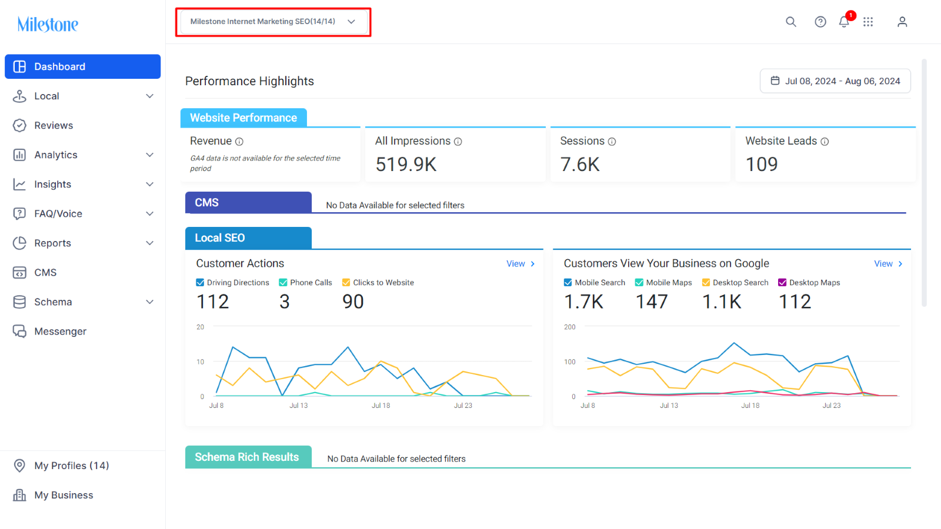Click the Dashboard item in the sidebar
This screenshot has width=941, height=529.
[x=82, y=66]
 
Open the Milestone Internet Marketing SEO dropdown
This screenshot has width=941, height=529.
[x=273, y=21]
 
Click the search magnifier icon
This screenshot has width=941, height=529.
[x=791, y=22]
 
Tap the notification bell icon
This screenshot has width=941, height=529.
[x=845, y=22]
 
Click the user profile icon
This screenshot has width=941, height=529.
[x=902, y=22]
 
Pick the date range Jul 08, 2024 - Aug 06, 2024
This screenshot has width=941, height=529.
[x=835, y=81]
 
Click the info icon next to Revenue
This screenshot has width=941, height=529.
[x=239, y=142]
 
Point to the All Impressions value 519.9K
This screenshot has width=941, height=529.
[x=406, y=164]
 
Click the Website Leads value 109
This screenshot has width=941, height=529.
[x=762, y=164]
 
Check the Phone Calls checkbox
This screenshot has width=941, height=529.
[x=283, y=283]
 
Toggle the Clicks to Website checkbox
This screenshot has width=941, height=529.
[x=346, y=283]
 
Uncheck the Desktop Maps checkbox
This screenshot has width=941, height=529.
[x=782, y=283]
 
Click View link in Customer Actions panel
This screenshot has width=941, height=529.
[x=520, y=264]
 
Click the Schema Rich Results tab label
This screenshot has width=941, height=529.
[x=247, y=457]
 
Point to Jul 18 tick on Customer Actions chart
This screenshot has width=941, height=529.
[x=381, y=406]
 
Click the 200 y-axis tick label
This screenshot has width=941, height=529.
[x=570, y=327]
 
